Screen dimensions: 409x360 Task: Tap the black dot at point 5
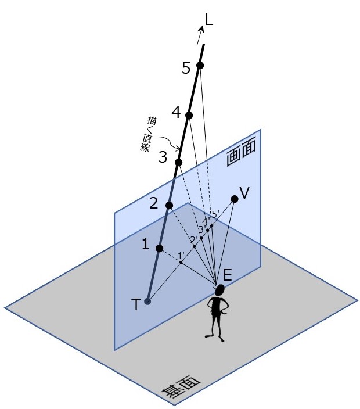pyautogui.click(x=200, y=66)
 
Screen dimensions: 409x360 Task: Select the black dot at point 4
pyautogui.click(x=189, y=115)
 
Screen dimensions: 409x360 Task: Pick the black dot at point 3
pyautogui.click(x=178, y=162)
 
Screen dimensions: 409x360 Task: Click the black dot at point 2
pyautogui.click(x=169, y=206)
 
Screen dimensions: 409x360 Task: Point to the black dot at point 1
pyautogui.click(x=160, y=249)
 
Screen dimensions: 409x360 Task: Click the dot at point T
pyautogui.click(x=147, y=301)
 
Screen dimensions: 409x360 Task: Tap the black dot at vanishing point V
pyautogui.click(x=235, y=199)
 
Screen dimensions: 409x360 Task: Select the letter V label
pyautogui.click(x=244, y=193)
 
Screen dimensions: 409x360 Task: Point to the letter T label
pyautogui.click(x=136, y=305)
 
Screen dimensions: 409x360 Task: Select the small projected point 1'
pyautogui.click(x=181, y=262)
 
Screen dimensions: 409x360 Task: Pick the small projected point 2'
pyautogui.click(x=194, y=246)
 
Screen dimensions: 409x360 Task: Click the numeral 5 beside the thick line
pyautogui.click(x=186, y=69)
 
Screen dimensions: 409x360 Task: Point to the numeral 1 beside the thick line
pyautogui.click(x=145, y=245)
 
